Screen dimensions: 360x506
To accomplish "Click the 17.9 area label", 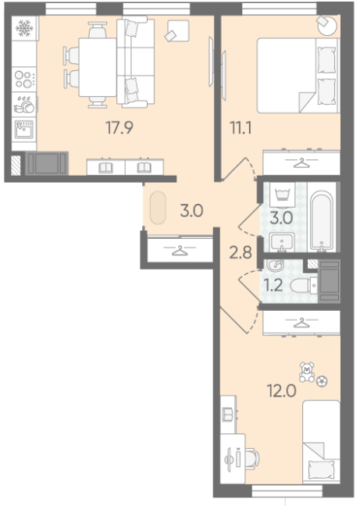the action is (x=119, y=128).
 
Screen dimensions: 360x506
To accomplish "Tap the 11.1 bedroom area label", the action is (x=241, y=128).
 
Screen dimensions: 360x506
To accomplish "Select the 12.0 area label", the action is (x=282, y=391).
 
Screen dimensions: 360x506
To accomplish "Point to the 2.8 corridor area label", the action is (x=241, y=252).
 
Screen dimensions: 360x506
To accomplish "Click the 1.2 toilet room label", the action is (x=273, y=285).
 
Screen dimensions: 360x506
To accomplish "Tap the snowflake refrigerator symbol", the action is (x=24, y=28).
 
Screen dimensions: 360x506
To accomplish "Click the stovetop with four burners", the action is (x=24, y=80).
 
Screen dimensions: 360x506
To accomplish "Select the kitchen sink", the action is (x=24, y=130).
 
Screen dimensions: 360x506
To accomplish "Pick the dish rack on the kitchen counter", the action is (x=24, y=104).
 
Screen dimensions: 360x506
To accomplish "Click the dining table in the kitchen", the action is (x=98, y=67).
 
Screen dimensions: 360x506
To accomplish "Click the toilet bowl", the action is (x=304, y=286).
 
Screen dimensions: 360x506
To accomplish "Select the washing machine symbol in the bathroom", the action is (x=283, y=195).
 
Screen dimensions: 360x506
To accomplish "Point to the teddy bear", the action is (x=306, y=372).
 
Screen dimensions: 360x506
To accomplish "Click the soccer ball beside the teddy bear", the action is (x=322, y=381).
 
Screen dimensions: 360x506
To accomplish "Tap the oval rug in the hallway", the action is (x=158, y=208).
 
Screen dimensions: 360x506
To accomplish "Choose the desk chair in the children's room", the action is (x=252, y=458).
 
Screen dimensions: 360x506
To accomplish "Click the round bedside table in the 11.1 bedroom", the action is (x=327, y=25).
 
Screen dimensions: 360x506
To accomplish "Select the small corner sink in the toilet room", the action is (x=275, y=265).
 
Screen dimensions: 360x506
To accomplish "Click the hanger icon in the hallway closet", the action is (x=180, y=250).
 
